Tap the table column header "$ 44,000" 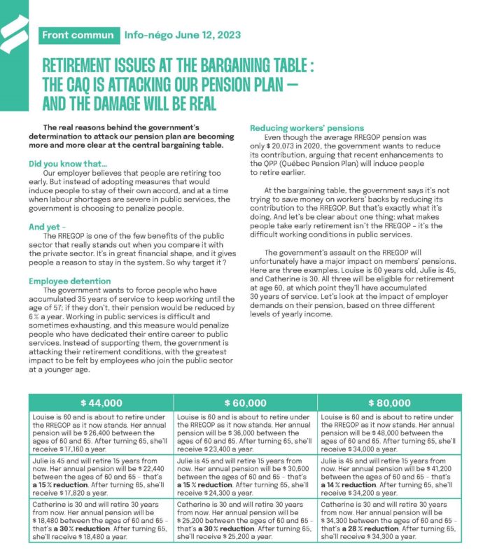tap(101, 403)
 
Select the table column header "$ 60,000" tap(244, 403)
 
